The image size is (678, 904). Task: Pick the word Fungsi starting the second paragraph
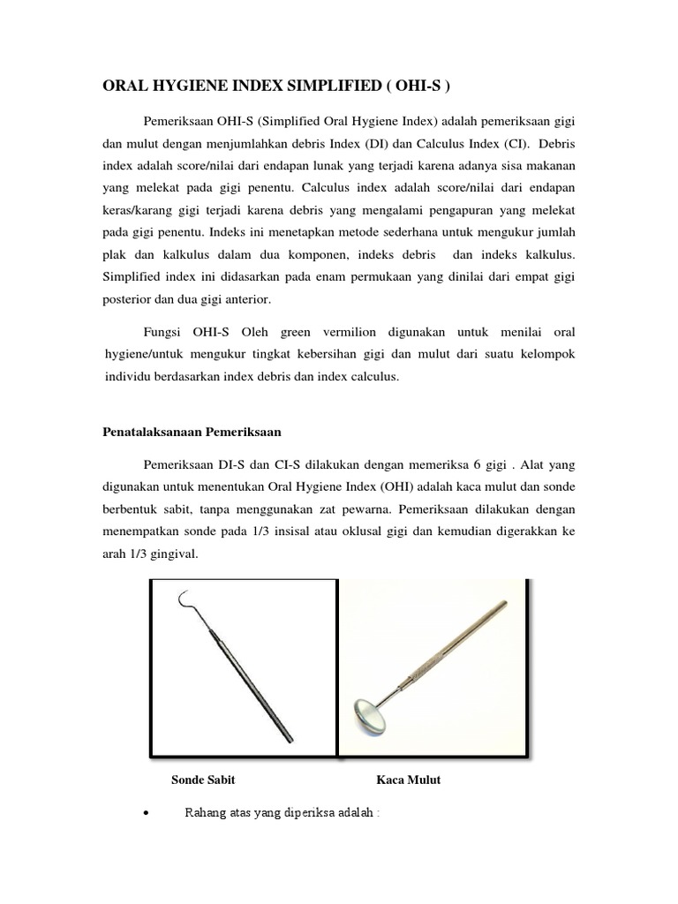161,332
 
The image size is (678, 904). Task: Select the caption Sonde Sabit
203,780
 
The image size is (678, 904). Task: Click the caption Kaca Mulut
408,780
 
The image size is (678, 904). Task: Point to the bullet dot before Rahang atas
144,814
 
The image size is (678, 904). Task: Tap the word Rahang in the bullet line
203,813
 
